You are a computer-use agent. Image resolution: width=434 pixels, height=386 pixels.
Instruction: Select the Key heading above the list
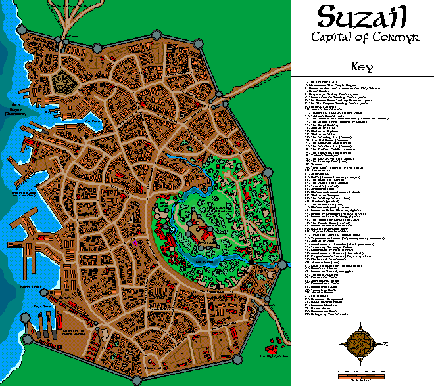[362, 66]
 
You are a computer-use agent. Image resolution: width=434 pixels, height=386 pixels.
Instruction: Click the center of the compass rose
[362, 341]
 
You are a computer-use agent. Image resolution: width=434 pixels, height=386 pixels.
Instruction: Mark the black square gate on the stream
[251, 263]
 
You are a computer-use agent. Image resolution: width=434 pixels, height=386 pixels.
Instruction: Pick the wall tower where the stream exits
[283, 265]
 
